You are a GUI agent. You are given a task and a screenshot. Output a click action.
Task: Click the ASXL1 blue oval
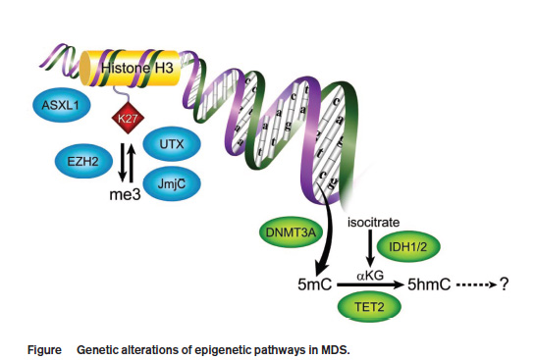click(x=62, y=105)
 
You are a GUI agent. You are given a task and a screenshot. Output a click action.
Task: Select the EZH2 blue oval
click(x=83, y=161)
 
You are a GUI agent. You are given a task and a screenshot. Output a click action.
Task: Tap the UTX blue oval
click(x=171, y=144)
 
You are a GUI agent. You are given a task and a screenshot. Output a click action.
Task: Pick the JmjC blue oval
click(x=171, y=184)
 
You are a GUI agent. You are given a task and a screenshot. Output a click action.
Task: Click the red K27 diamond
click(x=128, y=118)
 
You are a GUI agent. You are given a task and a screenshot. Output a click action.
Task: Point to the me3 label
click(x=125, y=194)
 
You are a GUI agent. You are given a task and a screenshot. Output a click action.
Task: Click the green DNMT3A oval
click(x=291, y=232)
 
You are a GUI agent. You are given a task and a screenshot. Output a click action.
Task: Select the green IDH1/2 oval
click(x=407, y=246)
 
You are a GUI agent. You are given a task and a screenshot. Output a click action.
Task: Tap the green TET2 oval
click(x=369, y=307)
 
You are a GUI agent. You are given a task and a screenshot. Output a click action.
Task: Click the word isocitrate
click(x=373, y=223)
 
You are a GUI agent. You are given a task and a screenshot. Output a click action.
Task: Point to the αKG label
click(x=370, y=276)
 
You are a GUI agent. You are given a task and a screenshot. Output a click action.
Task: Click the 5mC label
click(x=314, y=284)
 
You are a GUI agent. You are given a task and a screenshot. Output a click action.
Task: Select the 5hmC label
click(x=429, y=284)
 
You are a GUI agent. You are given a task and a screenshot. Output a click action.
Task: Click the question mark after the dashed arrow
click(x=505, y=284)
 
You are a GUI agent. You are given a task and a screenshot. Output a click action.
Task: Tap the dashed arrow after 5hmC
click(x=476, y=284)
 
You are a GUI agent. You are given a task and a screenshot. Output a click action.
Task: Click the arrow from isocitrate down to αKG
click(x=370, y=248)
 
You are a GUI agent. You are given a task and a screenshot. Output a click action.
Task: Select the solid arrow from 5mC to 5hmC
click(x=370, y=284)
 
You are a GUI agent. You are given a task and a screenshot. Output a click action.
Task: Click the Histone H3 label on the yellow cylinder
click(x=137, y=68)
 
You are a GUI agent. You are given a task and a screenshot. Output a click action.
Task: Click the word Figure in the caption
click(x=44, y=350)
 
